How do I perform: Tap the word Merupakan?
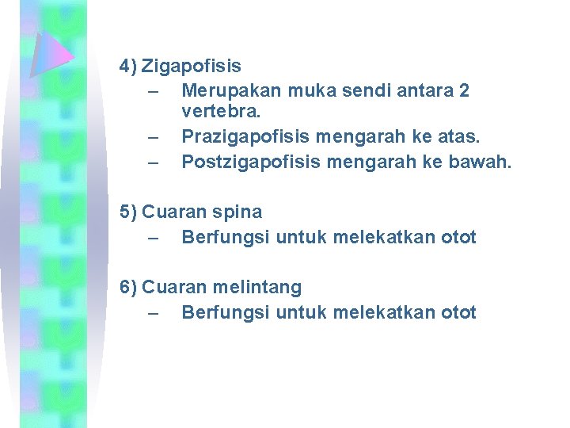pos(222,90)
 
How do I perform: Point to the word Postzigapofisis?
pos(241,162)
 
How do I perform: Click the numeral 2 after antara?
pos(463,90)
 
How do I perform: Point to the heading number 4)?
pos(128,66)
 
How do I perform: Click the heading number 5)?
pos(128,212)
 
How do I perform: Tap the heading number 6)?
pos(128,287)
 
